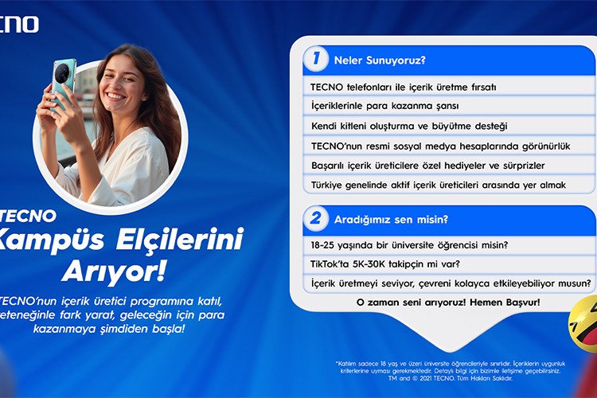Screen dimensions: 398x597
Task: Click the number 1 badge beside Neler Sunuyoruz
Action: click(x=316, y=59)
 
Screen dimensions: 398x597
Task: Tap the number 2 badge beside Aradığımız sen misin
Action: click(x=316, y=218)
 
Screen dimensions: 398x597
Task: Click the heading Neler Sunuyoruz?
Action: click(x=380, y=60)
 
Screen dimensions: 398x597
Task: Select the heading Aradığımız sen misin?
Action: click(x=390, y=219)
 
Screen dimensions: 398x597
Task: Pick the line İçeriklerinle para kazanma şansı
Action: click(x=384, y=106)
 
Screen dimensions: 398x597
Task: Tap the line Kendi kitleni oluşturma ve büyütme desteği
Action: click(x=409, y=126)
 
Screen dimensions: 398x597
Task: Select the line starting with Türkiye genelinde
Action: click(x=438, y=185)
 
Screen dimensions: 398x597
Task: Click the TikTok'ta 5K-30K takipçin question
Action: click(x=384, y=263)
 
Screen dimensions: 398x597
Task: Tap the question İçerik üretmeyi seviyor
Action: click(x=451, y=283)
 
